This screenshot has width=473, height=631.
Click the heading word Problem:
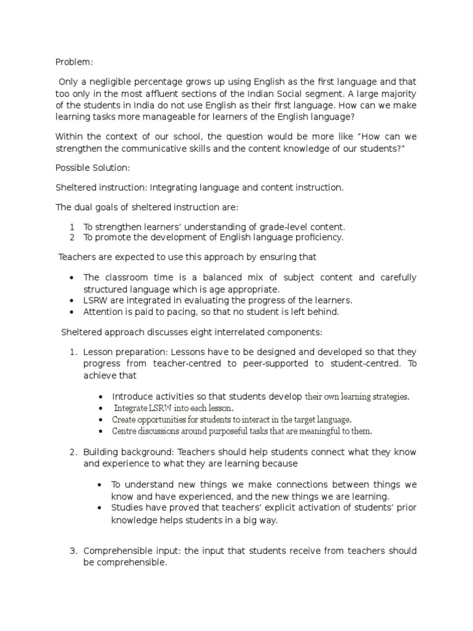tap(74, 62)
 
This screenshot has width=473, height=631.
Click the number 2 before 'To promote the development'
tap(71, 237)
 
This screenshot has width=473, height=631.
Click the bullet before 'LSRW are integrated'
tap(73, 300)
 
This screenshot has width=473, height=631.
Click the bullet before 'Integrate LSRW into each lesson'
tap(100, 408)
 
